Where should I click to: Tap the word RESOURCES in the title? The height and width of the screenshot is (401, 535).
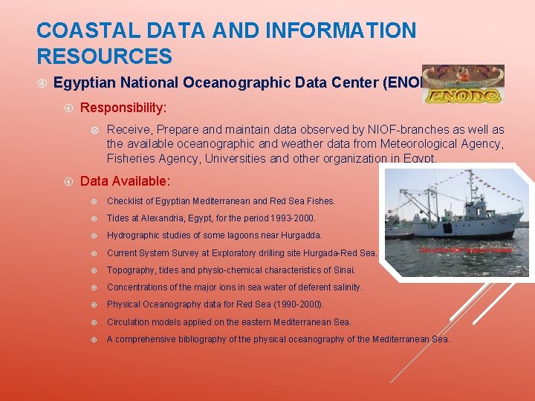coord(104,56)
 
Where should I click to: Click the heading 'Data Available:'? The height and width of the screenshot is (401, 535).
coord(125,180)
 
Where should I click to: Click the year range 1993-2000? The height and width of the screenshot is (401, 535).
coord(290,218)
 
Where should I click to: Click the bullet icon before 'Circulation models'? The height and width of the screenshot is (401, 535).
coord(94,322)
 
